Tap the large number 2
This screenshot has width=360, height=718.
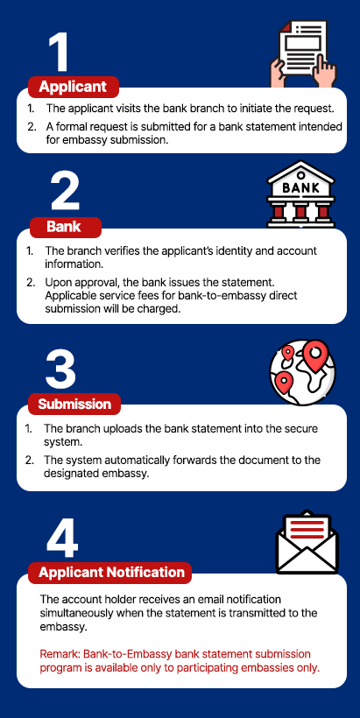pos(65,194)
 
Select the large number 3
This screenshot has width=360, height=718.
pos(60,370)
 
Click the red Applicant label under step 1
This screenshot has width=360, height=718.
pos(74,87)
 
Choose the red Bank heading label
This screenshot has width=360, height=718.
pos(65,227)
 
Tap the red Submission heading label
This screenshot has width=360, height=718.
pos(74,404)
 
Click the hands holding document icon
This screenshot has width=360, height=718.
pos(303,53)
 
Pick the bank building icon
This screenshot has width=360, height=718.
pos(301,194)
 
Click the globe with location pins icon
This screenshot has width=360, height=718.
pos(302,372)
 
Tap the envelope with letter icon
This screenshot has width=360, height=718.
pos(307,542)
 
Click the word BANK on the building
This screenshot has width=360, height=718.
pos(301,187)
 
